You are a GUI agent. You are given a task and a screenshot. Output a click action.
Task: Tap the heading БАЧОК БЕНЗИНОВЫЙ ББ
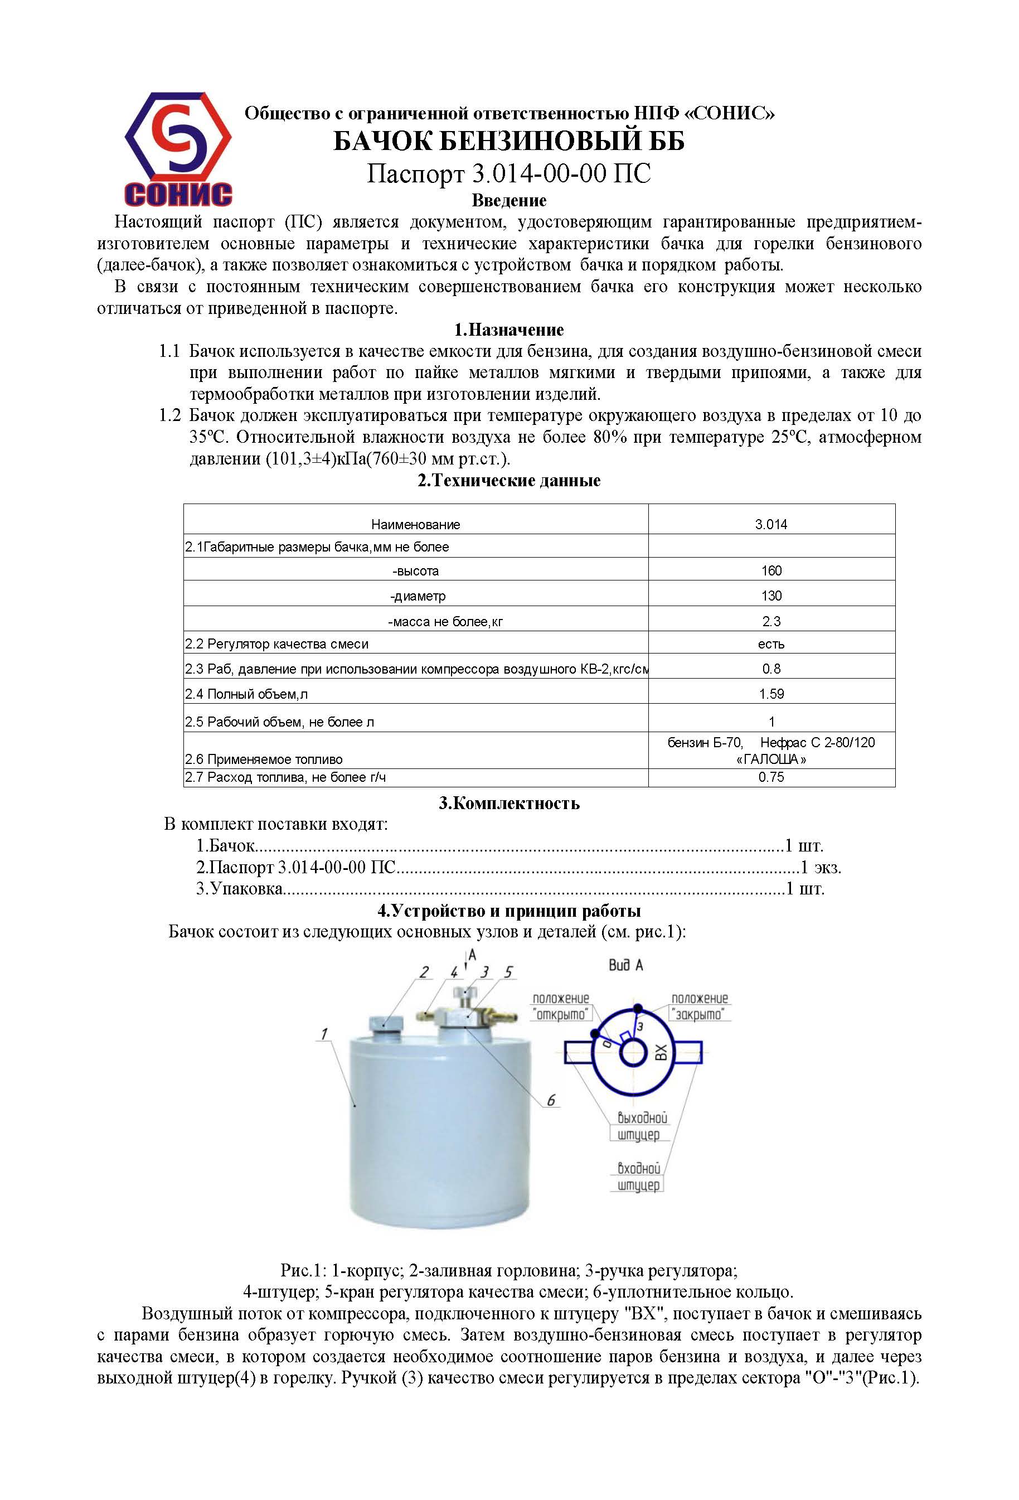[508, 141]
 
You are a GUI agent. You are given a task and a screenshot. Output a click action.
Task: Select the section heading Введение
[508, 200]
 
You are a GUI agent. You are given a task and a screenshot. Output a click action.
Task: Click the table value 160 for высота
[770, 570]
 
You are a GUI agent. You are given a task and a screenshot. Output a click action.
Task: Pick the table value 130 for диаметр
[770, 596]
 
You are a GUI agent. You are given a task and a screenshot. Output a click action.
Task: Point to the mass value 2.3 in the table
[770, 622]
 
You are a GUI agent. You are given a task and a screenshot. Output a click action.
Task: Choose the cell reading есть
[770, 644]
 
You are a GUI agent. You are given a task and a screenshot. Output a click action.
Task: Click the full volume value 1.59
[770, 694]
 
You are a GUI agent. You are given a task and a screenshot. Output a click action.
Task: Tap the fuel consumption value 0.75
[770, 777]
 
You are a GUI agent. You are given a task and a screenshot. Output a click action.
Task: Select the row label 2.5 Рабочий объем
[279, 722]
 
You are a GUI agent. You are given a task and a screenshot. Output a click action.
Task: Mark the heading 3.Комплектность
[508, 804]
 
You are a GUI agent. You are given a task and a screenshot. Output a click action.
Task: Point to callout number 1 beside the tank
[323, 1034]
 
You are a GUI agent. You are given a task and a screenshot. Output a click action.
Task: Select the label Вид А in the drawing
[625, 966]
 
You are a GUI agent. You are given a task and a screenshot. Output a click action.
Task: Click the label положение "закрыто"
[699, 1007]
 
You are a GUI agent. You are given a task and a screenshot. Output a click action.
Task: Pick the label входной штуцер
[638, 1177]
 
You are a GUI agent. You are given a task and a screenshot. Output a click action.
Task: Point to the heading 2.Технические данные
[508, 480]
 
